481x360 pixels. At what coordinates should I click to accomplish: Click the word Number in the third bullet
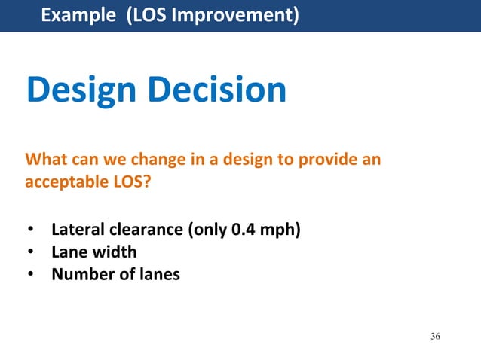pyautogui.click(x=80, y=274)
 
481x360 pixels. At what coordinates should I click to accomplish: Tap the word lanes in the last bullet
pyautogui.click(x=156, y=274)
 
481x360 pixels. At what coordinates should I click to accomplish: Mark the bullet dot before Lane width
pyautogui.click(x=31, y=252)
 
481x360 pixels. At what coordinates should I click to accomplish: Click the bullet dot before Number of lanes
pyautogui.click(x=31, y=275)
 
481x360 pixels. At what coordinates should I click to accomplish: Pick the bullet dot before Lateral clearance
pyautogui.click(x=31, y=230)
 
